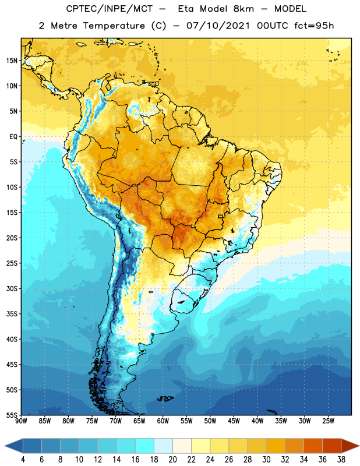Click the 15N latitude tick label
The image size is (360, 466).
[x=12, y=61]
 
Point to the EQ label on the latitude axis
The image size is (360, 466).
[x=13, y=137]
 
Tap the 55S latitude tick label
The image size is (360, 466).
[x=12, y=415]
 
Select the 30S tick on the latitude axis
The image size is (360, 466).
[x=12, y=288]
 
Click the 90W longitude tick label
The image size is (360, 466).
[x=21, y=421]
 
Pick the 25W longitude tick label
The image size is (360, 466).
[x=328, y=421]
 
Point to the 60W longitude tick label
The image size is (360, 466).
[x=163, y=421]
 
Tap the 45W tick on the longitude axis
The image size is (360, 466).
[x=234, y=421]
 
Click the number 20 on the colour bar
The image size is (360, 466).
[x=172, y=460]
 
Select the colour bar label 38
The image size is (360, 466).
[x=341, y=460]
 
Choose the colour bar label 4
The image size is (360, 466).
[x=23, y=460]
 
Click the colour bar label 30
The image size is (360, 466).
[x=266, y=460]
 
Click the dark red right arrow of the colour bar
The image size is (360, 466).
[x=350, y=446]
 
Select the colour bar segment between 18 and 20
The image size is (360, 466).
[x=163, y=446]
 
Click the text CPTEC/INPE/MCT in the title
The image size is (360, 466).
[x=109, y=9]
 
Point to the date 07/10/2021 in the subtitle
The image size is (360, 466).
[x=218, y=26]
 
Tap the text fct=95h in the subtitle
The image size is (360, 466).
[x=314, y=26]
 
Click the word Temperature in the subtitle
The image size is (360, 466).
[x=114, y=26]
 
